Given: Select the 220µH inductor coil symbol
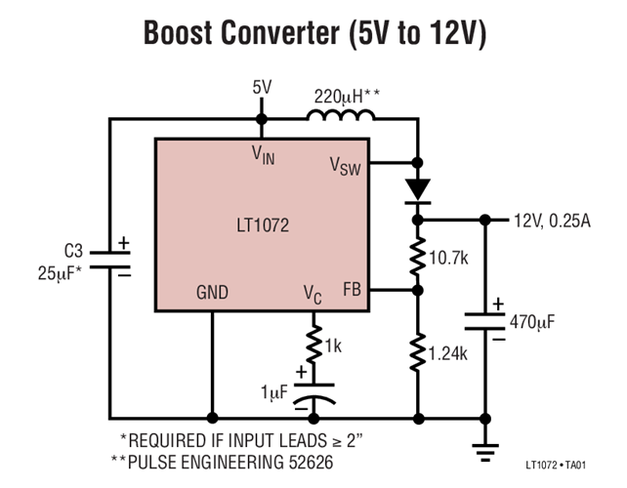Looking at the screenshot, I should point(340,117).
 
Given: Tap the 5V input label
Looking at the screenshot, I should point(262,88).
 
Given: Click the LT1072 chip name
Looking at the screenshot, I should point(261,224).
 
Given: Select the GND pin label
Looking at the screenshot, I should point(212,291).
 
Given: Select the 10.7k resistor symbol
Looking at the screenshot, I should point(418,255).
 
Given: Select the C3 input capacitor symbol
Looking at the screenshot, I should point(109,257).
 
